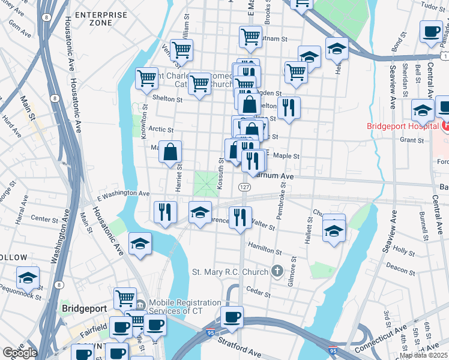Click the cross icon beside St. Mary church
point(276,272)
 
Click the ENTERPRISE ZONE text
point(100,18)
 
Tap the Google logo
point(19,353)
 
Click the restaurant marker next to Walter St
point(240,216)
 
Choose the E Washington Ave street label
point(123,194)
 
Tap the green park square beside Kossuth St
point(206,184)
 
